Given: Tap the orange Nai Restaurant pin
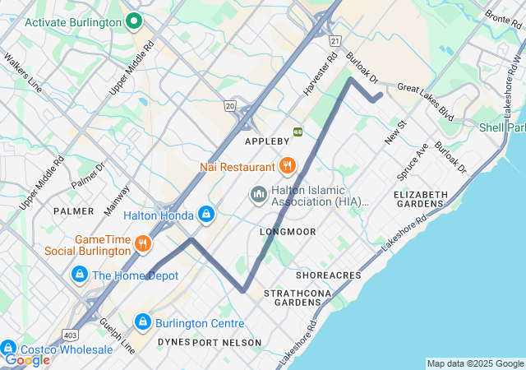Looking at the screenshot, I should (x=287, y=166).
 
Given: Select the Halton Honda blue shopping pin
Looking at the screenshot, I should (x=205, y=215).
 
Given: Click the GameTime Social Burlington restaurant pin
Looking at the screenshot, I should (x=143, y=243).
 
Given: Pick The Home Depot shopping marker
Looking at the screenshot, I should (x=80, y=275).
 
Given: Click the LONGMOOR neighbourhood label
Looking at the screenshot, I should (x=288, y=232).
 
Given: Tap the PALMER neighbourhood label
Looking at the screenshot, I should (x=73, y=210).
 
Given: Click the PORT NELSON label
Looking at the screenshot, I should (x=227, y=342).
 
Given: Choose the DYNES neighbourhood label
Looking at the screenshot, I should (x=173, y=342).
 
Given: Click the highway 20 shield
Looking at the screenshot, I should (x=229, y=106).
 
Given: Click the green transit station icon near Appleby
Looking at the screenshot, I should (x=298, y=131).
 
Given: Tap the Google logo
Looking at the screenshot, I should (x=27, y=359).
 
